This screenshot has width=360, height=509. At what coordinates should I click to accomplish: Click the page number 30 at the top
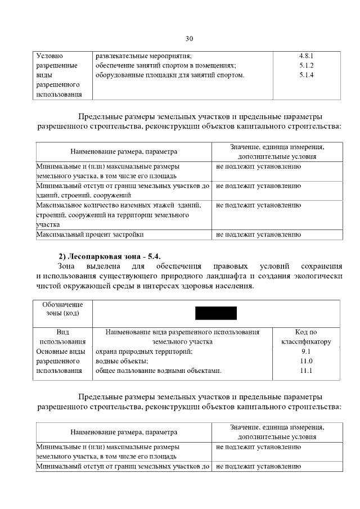click(x=189, y=38)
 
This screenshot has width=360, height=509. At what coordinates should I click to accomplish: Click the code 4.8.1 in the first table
click(x=306, y=56)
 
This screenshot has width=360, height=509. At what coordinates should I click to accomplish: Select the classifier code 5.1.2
click(x=306, y=66)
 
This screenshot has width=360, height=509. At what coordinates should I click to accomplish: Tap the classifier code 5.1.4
click(x=306, y=75)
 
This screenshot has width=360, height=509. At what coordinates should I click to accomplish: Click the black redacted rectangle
click(x=216, y=313)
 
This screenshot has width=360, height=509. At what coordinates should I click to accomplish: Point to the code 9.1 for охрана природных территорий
click(x=306, y=352)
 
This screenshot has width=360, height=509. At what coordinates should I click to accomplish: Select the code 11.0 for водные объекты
click(x=306, y=361)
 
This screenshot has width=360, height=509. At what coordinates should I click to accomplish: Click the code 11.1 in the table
click(x=306, y=371)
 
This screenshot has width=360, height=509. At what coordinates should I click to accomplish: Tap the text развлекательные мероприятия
click(x=144, y=56)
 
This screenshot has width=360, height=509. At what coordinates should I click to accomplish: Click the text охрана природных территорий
click(x=144, y=352)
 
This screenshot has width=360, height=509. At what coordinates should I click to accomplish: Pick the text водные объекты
click(x=122, y=361)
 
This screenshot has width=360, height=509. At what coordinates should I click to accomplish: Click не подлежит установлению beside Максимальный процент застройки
click(x=258, y=234)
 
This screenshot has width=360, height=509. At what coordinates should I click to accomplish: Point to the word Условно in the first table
click(x=49, y=56)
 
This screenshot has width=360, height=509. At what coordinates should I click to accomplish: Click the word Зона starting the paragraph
click(x=67, y=265)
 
